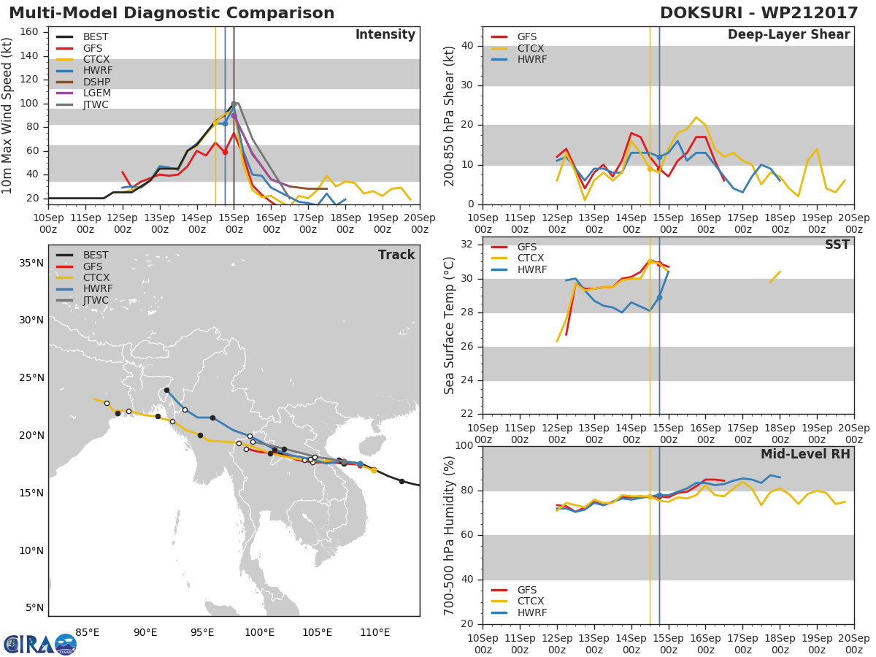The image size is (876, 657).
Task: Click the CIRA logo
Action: pos(40,644)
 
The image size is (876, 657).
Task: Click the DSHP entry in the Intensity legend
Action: pos(83,82)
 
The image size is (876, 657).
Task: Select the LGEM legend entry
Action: pos(83,93)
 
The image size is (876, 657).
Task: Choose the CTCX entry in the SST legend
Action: pos(518,258)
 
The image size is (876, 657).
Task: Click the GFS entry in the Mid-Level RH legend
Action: pos(514,590)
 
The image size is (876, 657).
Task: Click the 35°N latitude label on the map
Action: pos(31,263)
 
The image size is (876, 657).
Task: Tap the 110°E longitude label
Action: pos(374,633)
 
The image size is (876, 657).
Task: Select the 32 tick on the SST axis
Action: pos(466,244)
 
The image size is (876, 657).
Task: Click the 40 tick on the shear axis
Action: pos(467,46)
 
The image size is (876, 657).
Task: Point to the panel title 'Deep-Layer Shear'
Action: pos(788,35)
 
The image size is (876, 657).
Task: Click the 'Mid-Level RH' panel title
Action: pos(805,454)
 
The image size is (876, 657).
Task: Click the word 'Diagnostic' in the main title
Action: pos(174,13)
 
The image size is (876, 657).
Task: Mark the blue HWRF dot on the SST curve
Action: pos(659,298)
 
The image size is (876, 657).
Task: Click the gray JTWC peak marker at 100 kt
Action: pos(234,104)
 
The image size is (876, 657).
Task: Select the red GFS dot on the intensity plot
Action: pos(225,152)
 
